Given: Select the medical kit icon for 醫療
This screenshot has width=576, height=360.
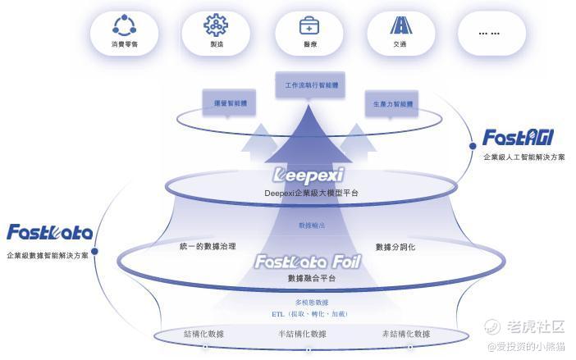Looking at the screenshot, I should pos(308,24).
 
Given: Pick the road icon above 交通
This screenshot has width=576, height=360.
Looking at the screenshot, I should pos(400,24).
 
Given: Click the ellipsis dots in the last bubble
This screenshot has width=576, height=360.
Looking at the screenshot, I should pos(489,33).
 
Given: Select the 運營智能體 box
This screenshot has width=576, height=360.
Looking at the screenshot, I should pos(230,104).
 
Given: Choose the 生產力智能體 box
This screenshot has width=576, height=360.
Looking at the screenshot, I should pos(393,104).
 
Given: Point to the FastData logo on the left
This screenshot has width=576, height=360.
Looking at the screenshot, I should pos(49,233).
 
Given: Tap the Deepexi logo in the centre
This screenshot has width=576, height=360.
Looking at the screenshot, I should pos(308,175).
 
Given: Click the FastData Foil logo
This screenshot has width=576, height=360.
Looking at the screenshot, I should pos(307,262).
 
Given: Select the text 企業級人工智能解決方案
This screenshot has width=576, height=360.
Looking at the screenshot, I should pos(523,157).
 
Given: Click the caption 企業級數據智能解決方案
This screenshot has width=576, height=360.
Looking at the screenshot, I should pos(48,255).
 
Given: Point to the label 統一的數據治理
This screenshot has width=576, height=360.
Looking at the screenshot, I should pos(208,246).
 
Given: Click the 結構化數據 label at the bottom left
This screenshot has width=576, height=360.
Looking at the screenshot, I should pos(203,334).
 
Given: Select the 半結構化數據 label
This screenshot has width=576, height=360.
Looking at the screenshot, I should pos(302,334).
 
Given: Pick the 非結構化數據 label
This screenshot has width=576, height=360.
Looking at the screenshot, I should pos(405,334).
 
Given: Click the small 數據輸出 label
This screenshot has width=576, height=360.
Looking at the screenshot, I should pos(311,225).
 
